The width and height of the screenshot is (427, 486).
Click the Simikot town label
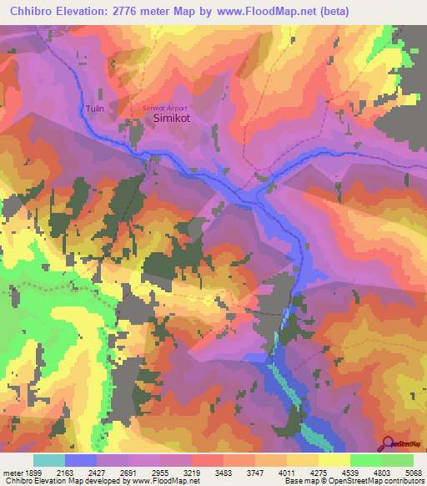[x=173, y=120]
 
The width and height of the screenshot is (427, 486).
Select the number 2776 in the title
[x=134, y=11]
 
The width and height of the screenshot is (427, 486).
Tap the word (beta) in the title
[x=331, y=11]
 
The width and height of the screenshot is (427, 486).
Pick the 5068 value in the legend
[x=412, y=473]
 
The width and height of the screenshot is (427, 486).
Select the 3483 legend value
[x=223, y=473]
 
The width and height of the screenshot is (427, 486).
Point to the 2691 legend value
[x=128, y=473]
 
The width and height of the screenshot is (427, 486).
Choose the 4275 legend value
[x=318, y=473]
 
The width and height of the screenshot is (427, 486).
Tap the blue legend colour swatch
[x=80, y=460]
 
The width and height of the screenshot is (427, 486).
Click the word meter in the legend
[x=12, y=473]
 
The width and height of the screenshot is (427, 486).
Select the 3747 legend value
[x=254, y=473]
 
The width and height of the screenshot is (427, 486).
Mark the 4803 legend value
[x=381, y=473]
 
